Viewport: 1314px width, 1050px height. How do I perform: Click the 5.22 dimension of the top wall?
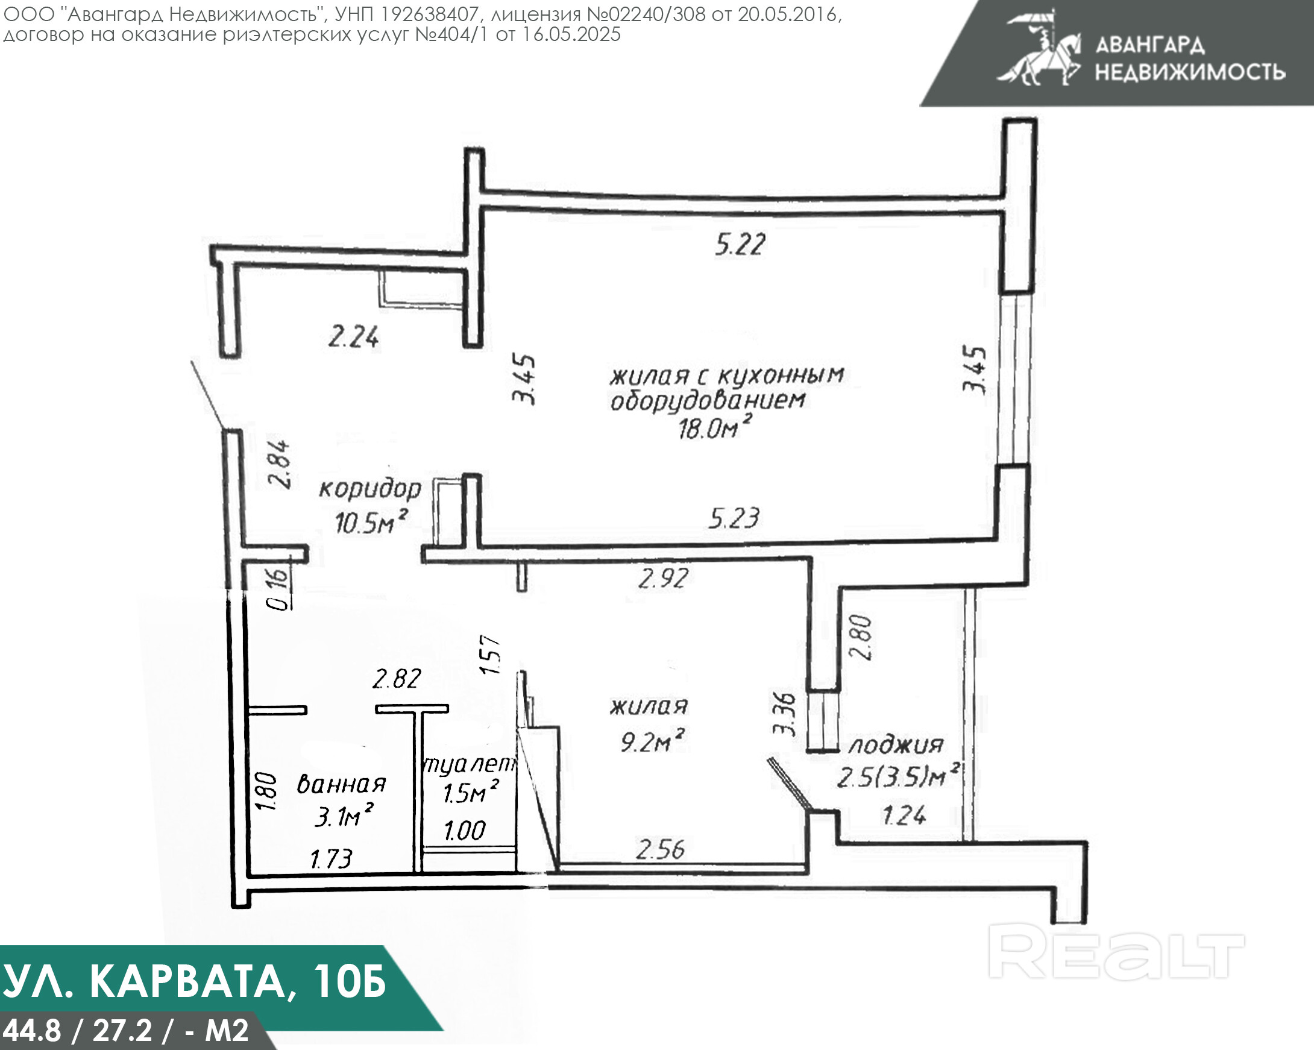coord(740,244)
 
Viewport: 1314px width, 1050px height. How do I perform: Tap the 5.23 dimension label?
coord(734,518)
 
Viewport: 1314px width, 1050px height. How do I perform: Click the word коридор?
coord(370,489)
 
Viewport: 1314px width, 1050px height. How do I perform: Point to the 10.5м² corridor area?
coord(371,522)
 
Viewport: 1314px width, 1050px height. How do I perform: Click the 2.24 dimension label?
coord(353,337)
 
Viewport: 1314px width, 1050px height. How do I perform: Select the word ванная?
coord(341,784)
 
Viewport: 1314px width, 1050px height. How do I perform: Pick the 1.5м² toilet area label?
coord(471,792)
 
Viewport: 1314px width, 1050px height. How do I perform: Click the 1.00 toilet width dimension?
coord(464,831)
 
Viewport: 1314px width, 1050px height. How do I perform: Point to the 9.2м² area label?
coord(652,741)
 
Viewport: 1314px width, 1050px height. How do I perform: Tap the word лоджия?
coord(896,745)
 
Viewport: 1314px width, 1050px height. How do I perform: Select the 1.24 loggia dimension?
coord(905,816)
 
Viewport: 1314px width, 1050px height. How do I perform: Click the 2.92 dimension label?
coord(663,578)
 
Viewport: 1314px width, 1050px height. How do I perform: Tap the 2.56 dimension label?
coord(660,849)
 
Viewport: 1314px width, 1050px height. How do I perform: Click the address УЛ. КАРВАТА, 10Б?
coord(195,982)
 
